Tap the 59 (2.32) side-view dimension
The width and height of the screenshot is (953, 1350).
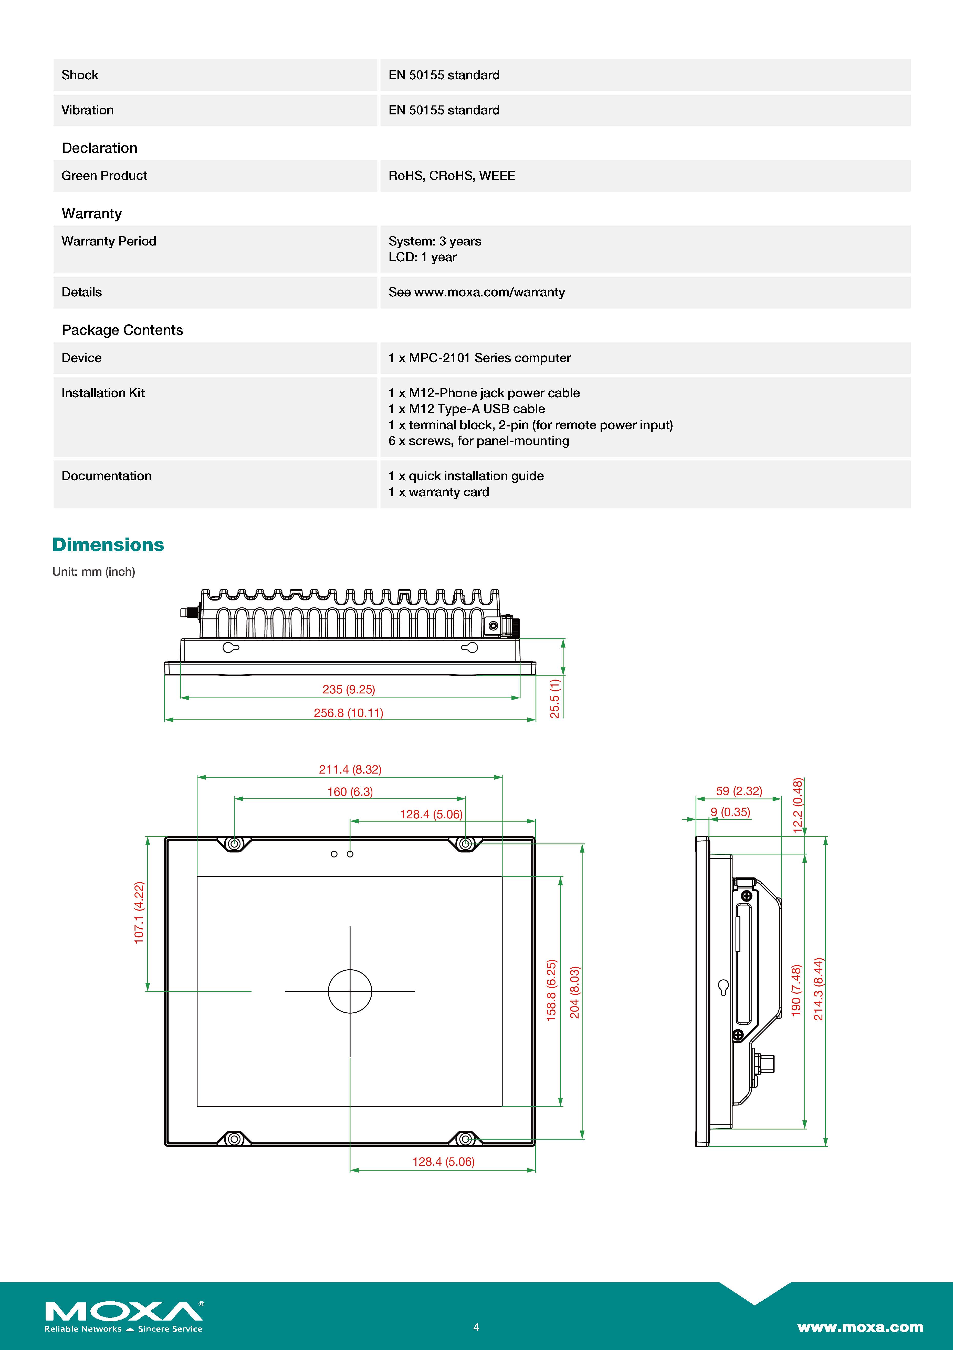[x=739, y=791]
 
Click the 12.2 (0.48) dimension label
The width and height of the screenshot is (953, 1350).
[x=798, y=805]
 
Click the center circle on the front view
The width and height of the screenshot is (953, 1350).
[x=350, y=991]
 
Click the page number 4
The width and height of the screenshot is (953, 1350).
[x=476, y=1327]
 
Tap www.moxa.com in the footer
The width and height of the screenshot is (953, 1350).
[x=860, y=1327]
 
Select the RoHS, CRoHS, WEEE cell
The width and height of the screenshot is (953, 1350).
[x=452, y=176]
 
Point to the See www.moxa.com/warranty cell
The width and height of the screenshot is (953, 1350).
[x=476, y=292]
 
